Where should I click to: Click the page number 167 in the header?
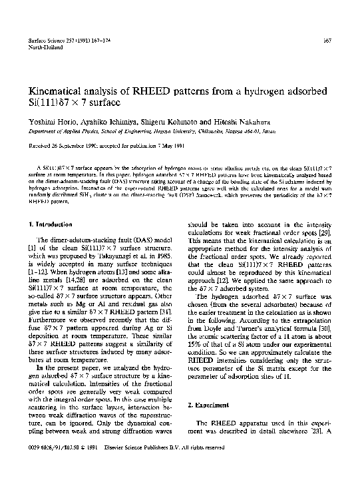pyautogui.click(x=327, y=42)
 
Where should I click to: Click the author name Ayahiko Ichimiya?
pyautogui.click(x=102, y=122)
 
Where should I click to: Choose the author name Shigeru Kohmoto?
pyautogui.click(x=164, y=122)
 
